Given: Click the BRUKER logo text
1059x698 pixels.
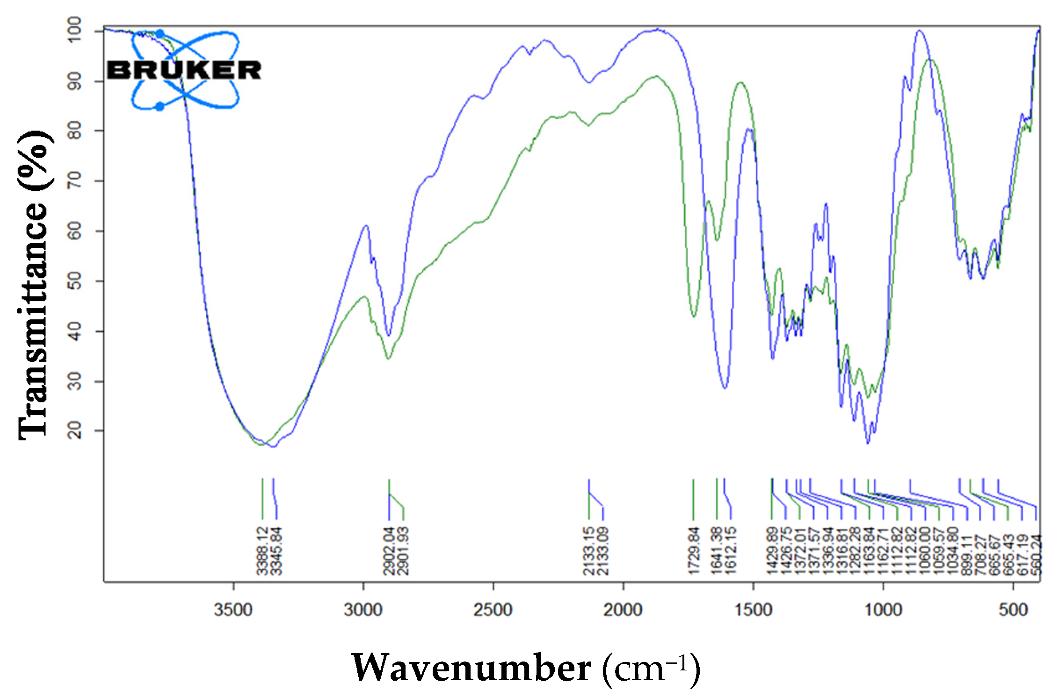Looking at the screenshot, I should point(184,70).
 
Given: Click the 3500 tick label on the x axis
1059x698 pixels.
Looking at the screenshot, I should point(233,610).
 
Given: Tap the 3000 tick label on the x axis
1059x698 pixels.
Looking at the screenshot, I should point(363,610).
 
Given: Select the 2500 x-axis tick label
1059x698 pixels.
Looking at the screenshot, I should point(493,610).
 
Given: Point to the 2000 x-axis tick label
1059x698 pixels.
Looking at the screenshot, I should point(623,610).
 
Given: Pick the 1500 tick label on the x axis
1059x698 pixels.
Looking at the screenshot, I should point(753,610).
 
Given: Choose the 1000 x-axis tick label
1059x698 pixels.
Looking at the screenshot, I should point(883,610).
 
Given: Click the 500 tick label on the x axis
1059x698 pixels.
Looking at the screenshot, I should point(1013,610).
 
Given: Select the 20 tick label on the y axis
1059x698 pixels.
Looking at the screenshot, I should point(75,430).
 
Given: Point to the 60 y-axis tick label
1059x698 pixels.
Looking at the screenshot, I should point(75,231).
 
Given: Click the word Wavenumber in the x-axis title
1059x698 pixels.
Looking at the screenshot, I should point(471,668).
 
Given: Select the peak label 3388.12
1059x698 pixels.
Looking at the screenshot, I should point(262,551).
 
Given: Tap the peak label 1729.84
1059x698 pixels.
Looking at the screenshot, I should point(694,551).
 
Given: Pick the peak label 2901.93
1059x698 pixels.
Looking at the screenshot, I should point(403,551).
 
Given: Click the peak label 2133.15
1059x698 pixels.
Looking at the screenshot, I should point(589,551).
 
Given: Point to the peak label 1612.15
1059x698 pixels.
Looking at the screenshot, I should point(730,551).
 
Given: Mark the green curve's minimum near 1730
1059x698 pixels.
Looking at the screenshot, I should point(694,317).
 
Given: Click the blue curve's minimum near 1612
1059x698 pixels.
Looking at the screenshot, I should point(725,388).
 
